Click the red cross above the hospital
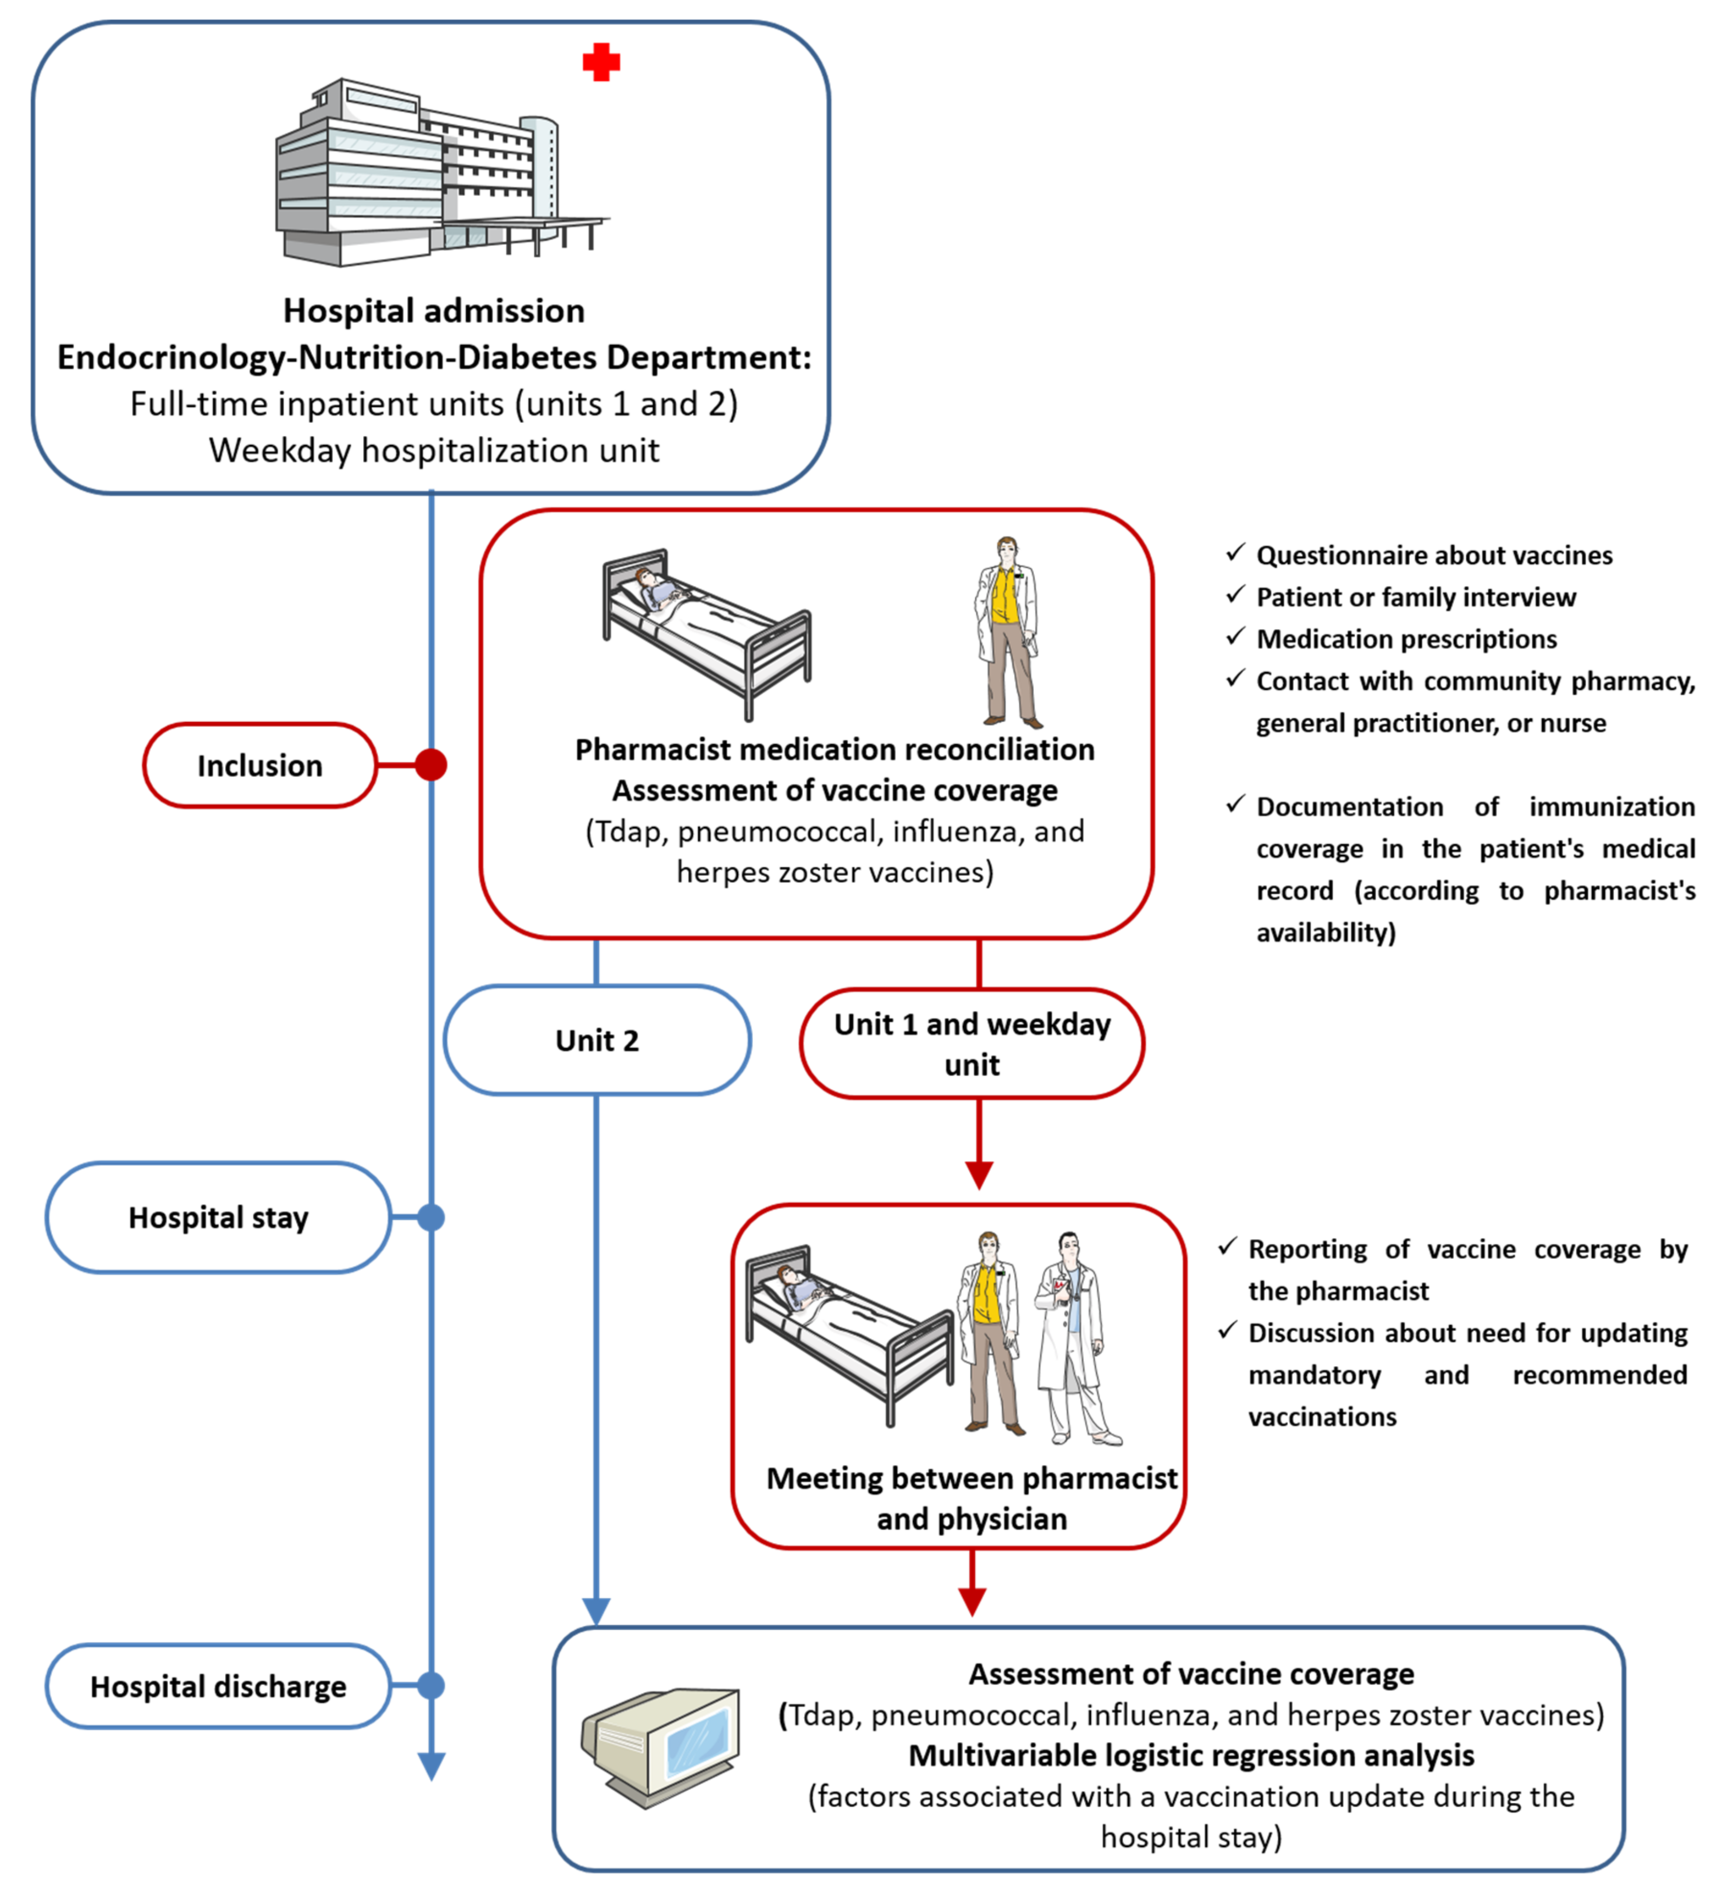tap(601, 63)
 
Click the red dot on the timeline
tap(431, 765)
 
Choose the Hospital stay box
tap(218, 1218)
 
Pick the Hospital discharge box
tap(218, 1686)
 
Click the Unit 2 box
tap(597, 1040)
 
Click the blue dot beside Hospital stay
tap(431, 1218)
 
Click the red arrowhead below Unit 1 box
tap(979, 1174)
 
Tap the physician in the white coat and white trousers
tap(1075, 1338)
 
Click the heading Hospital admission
tap(434, 311)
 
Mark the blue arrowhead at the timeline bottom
tap(431, 1765)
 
